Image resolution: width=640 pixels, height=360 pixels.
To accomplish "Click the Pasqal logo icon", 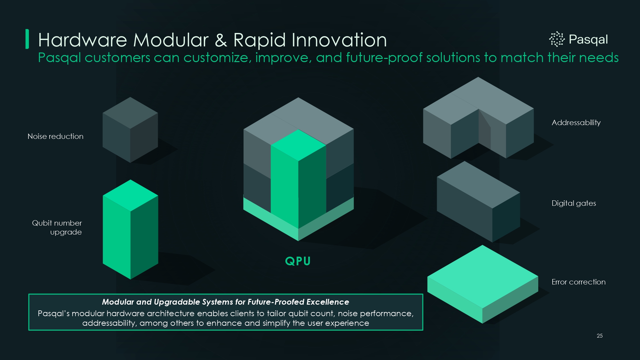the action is click(557, 39).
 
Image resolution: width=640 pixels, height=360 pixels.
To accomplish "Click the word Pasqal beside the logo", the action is click(588, 40).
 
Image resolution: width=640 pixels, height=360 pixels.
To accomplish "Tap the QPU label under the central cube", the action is click(298, 261).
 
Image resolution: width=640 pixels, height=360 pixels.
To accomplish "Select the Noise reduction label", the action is click(55, 136).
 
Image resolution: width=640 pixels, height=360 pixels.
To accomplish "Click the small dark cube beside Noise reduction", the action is click(130, 130).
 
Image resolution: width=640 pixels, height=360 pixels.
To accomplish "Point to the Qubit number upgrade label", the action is click(57, 228).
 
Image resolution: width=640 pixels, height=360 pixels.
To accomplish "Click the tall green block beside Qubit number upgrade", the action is click(130, 229).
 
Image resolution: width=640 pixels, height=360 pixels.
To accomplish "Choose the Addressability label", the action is click(576, 123).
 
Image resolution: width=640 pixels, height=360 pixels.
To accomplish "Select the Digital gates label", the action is click(574, 203).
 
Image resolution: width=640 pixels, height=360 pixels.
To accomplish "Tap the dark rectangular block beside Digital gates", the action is click(478, 202).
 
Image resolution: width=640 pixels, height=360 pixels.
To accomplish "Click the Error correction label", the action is click(579, 282).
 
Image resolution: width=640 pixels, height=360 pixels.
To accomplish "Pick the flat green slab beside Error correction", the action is click(483, 284).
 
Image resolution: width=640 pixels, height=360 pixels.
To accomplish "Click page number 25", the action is click(600, 336).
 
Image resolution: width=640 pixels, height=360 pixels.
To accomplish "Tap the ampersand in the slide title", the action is click(221, 40).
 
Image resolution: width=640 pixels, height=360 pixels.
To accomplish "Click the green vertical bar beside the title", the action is click(27, 39).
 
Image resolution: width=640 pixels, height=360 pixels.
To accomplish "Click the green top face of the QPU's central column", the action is click(298, 145).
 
